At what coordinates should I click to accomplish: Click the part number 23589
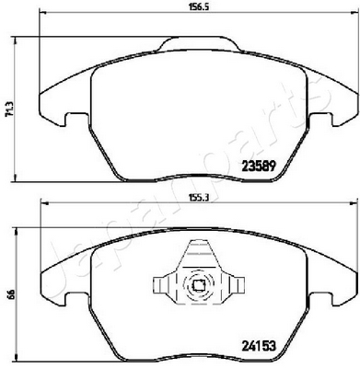(x=261, y=167)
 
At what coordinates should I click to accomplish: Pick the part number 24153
(x=260, y=346)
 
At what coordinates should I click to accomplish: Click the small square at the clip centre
(x=197, y=286)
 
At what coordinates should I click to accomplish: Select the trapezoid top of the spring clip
(x=199, y=253)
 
